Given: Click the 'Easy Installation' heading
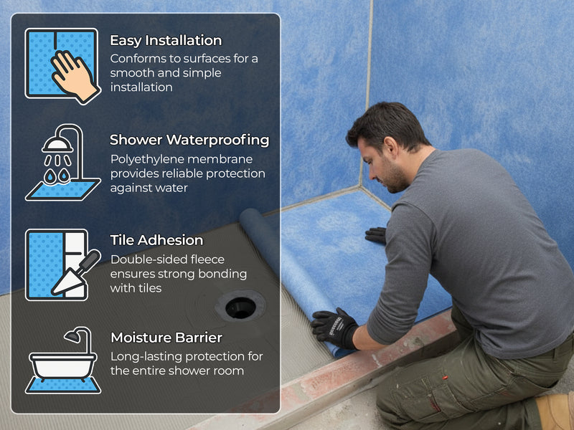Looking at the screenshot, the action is (166, 41).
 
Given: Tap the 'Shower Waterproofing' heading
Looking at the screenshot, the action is (189, 140).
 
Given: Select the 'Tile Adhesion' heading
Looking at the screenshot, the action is (156, 240).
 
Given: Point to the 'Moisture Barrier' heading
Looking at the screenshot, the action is (166, 338).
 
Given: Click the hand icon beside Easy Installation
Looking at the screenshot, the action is (75, 77).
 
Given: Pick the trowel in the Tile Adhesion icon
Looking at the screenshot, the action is (76, 273).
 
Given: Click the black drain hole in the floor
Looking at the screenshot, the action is (240, 308).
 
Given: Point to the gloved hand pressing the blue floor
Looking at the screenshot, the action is (375, 236).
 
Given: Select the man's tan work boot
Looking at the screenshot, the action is (555, 411).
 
